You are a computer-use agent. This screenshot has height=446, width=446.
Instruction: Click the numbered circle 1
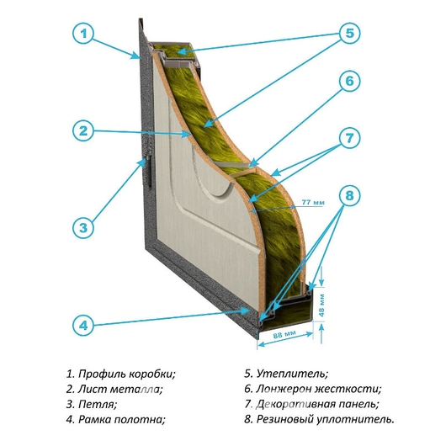coord(83,34)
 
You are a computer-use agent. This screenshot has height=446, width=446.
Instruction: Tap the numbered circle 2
coord(83,130)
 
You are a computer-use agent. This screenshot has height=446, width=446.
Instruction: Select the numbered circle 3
coord(83,227)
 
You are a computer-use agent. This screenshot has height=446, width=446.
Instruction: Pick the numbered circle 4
coord(83,325)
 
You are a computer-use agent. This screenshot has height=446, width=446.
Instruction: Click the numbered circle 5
coord(349,34)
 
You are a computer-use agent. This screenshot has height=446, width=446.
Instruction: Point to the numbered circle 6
coord(349,82)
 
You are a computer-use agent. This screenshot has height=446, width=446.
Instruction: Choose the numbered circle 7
coord(349,138)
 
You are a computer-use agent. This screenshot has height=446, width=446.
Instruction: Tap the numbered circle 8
coord(349,196)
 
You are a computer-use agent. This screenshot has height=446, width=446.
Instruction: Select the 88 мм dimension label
coord(284,334)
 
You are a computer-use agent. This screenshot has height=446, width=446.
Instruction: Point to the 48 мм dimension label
coord(321,304)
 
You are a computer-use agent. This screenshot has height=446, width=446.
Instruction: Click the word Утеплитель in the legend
coord(292,374)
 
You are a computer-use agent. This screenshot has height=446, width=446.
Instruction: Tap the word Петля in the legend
coord(98,404)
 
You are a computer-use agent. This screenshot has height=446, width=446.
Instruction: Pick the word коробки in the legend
coord(152,374)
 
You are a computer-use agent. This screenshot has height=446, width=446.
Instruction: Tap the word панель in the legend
coord(358,404)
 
